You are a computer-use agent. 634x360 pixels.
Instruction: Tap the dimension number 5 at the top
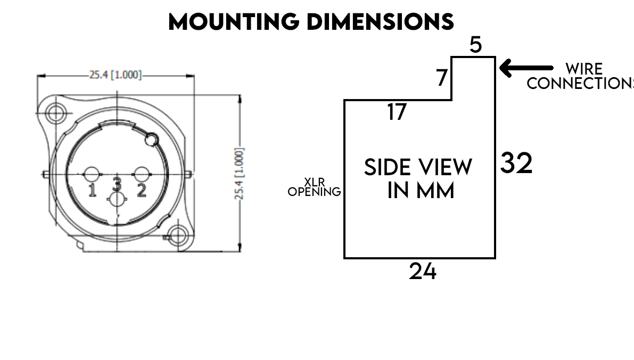point(475,45)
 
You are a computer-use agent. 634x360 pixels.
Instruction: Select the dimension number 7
point(442,78)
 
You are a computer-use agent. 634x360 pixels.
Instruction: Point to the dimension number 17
point(397,112)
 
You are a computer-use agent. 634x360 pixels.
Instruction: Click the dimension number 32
point(516,163)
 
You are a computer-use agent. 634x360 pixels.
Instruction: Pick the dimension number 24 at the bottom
point(423,271)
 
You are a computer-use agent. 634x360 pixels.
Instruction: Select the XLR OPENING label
point(314,187)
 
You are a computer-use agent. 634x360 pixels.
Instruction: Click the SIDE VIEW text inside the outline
point(418,168)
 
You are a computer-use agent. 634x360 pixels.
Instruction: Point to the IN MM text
point(421,191)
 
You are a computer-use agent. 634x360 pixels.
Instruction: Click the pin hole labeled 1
point(92,174)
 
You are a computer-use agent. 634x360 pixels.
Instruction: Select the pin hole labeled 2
point(141,174)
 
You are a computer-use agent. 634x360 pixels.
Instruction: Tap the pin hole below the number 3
point(117,201)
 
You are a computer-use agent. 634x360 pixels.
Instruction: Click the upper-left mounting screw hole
point(54,112)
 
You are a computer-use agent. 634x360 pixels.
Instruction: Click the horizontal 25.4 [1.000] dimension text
point(116,75)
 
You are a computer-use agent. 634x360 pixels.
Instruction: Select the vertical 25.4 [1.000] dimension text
point(239,174)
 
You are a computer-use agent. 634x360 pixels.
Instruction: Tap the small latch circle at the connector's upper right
point(151,140)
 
